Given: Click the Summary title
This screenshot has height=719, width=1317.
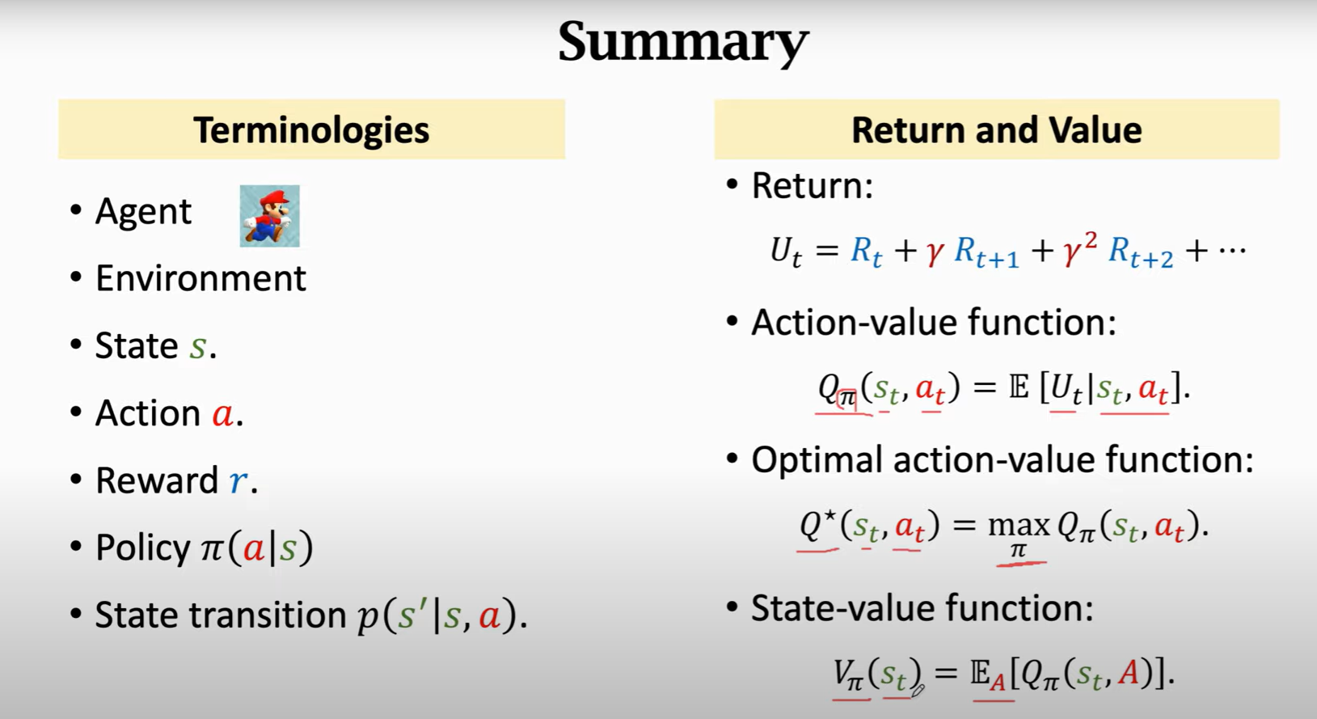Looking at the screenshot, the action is point(683,42).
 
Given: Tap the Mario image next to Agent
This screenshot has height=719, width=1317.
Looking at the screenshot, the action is point(269,216).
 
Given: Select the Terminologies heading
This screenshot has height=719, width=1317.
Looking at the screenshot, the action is point(311,130).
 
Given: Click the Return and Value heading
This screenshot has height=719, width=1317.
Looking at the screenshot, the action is point(997,130).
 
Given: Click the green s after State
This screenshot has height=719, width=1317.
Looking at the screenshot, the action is point(197,347).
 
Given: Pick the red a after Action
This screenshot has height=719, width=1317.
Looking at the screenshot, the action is point(223,413).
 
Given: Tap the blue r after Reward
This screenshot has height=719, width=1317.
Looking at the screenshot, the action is point(238,480).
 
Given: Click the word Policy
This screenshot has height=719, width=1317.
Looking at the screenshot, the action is point(143,548).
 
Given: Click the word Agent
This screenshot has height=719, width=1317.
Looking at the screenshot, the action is point(143,212).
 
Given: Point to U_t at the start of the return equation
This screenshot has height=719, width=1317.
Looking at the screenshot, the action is point(786,252).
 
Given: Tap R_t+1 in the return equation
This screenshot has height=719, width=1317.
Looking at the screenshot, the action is point(986,252).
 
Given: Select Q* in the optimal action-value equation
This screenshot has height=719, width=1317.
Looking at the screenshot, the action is point(818,523).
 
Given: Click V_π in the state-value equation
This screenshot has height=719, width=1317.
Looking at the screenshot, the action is point(848,675).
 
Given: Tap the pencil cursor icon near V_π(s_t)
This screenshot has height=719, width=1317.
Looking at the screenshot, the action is point(918,690).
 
